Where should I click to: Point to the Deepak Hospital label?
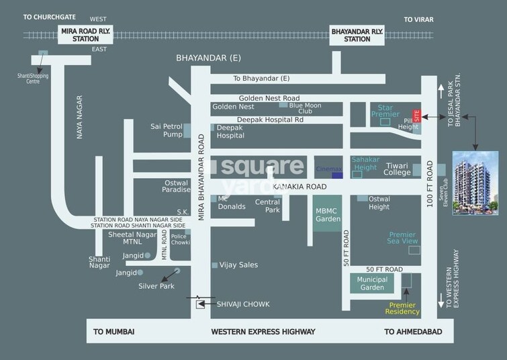tap(230, 131)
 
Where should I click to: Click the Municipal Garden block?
tap(372, 283)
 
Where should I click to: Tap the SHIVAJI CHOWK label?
tap(242, 304)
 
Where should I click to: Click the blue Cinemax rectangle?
tap(337, 175)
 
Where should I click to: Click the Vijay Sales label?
tap(238, 265)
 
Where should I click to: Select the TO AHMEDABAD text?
tap(412, 332)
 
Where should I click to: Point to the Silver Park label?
tap(156, 286)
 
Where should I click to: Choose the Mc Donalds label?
tap(232, 202)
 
